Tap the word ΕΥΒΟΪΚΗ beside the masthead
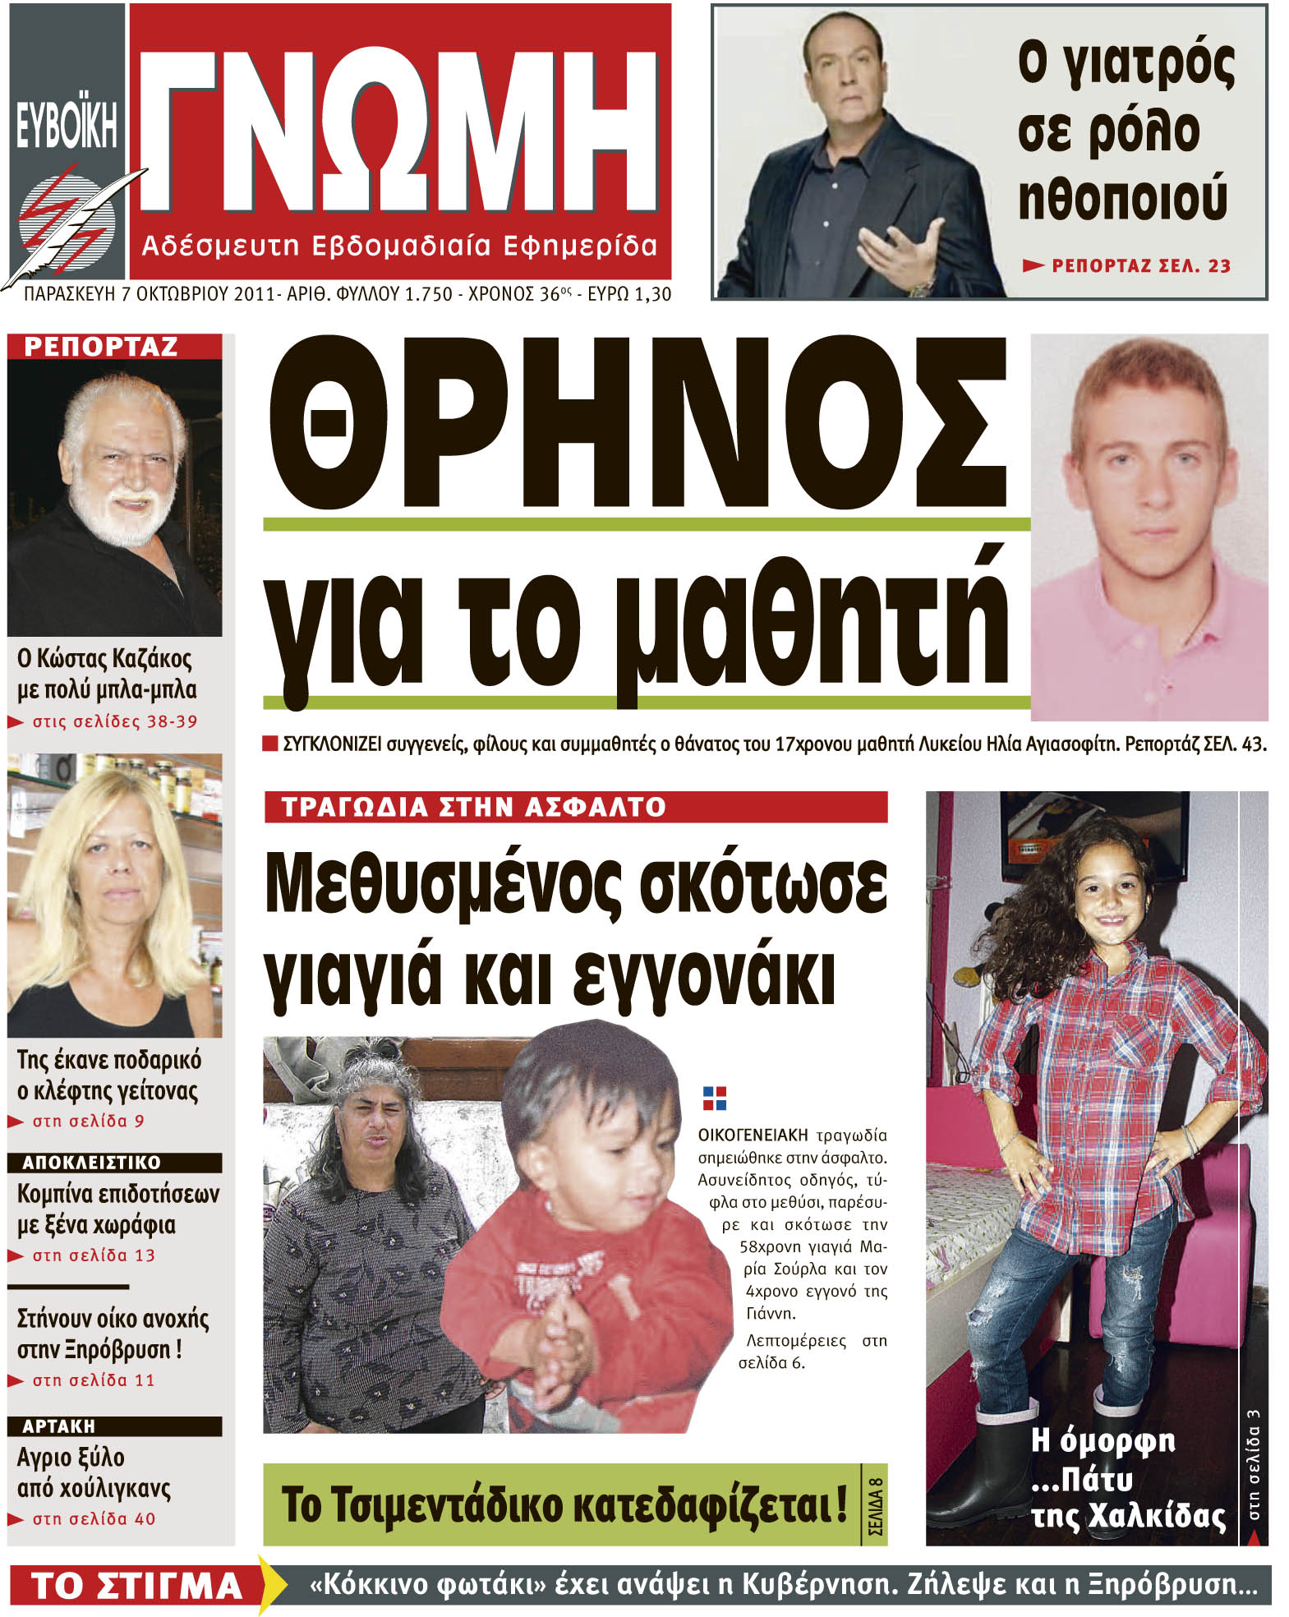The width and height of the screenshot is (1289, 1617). click(67, 125)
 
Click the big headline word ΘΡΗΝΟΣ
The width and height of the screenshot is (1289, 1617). click(637, 423)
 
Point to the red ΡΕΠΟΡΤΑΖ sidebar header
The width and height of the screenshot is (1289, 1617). click(101, 347)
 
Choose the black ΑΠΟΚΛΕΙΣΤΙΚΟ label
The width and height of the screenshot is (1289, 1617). click(91, 1163)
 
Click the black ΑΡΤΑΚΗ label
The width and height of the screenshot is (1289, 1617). click(58, 1426)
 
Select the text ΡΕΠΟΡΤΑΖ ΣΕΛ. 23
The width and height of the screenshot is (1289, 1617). click(1140, 266)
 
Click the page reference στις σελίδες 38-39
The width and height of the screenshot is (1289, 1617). click(114, 722)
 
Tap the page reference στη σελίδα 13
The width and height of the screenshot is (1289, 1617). click(93, 1255)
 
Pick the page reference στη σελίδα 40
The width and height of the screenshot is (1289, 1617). click(93, 1519)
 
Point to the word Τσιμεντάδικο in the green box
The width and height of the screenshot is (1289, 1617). click(421, 1505)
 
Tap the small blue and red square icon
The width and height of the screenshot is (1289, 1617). click(714, 1098)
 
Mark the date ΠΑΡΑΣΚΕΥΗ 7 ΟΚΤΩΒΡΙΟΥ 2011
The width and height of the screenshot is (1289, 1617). click(148, 294)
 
